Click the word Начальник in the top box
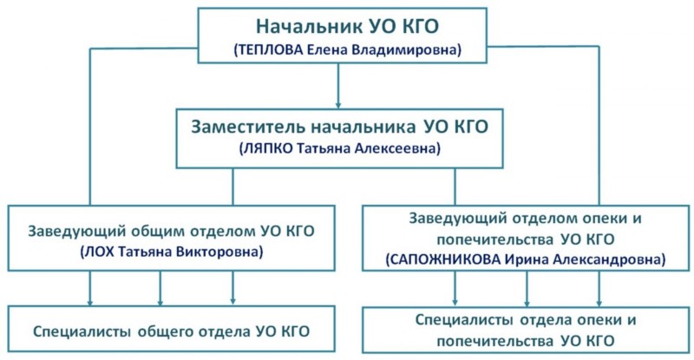coord(299,28)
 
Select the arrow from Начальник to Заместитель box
coord(337,87)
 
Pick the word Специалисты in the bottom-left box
coord(76,331)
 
